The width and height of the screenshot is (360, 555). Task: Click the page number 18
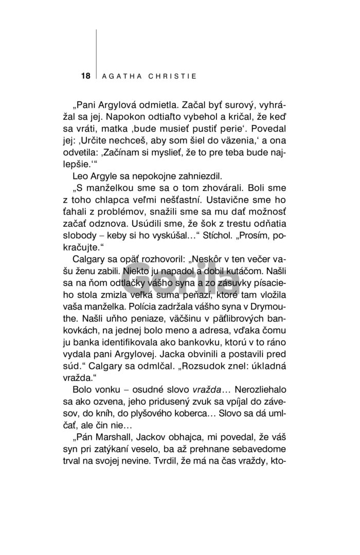point(85,76)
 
